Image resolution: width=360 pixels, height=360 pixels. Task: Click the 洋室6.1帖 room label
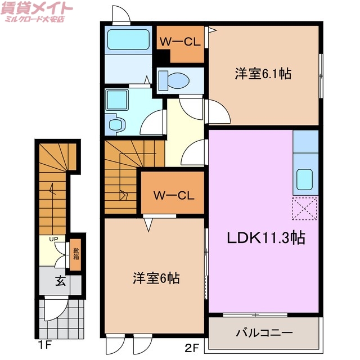(x=263, y=74)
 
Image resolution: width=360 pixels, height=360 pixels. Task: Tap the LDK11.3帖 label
(x=265, y=238)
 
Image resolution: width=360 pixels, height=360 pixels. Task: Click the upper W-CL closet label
(x=179, y=42)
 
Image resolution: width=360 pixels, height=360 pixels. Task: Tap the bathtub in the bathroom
(x=128, y=40)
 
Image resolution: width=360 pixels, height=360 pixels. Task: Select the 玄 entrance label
(x=60, y=281)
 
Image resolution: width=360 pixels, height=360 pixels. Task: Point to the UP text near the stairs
(x=53, y=240)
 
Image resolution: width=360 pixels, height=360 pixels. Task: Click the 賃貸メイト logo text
(x=37, y=8)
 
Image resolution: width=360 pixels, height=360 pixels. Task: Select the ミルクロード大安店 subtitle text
(x=35, y=20)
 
